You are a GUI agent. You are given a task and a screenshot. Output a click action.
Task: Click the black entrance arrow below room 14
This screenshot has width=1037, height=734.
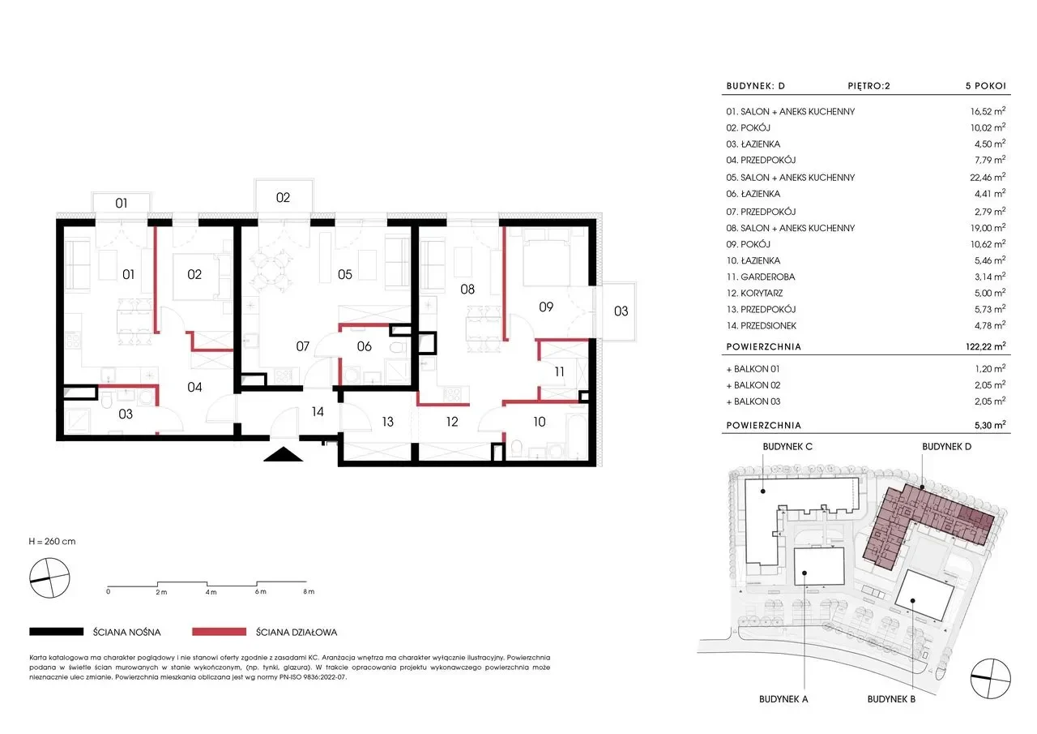coord(283,454)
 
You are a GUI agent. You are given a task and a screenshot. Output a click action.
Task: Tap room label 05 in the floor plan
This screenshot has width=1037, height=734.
coord(345,274)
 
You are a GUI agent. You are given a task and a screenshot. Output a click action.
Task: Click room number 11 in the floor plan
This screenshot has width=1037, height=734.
coord(559,371)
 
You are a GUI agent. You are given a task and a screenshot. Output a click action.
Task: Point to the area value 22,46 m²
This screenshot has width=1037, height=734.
coord(990,177)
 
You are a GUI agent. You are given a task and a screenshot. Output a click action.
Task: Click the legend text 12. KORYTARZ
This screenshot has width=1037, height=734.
coord(754,294)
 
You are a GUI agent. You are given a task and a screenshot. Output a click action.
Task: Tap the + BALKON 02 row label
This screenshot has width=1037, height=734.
coord(753,385)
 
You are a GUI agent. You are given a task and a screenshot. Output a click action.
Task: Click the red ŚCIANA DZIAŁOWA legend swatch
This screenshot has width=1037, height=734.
coord(219,632)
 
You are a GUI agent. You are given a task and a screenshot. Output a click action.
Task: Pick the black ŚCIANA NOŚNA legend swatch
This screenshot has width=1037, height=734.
coord(57,632)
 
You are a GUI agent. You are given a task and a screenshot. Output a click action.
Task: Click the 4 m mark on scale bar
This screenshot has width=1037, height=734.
coord(211,592)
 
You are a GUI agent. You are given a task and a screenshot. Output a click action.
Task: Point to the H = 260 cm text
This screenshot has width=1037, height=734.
coord(52,541)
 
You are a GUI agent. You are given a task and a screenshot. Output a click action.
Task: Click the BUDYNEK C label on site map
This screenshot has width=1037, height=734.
coord(787,447)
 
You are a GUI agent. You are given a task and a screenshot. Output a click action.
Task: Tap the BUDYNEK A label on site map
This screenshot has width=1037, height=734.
coord(783,699)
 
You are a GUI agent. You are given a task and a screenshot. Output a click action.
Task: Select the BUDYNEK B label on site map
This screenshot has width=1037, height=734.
coord(891,699)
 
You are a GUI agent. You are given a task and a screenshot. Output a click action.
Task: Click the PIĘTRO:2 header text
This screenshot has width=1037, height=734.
coord(869,86)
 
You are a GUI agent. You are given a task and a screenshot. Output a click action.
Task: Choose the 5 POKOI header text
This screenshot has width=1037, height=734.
coord(986,86)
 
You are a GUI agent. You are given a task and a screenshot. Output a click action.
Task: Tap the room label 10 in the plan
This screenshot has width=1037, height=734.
coord(540,422)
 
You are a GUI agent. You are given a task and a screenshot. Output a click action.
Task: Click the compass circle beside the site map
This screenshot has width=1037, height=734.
coord(990,678)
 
